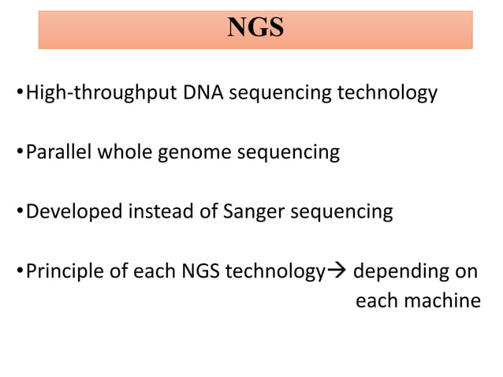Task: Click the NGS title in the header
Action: (x=255, y=28)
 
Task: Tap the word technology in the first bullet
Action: (x=386, y=93)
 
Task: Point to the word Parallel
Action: (x=59, y=152)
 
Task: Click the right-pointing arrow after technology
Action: (x=336, y=272)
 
